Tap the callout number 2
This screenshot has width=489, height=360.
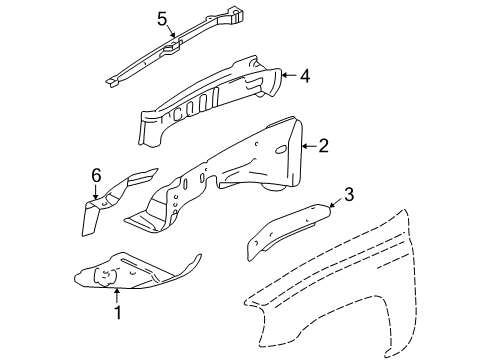tap(323, 147)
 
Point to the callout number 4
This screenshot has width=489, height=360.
tap(304, 73)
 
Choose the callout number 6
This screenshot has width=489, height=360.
tap(96, 175)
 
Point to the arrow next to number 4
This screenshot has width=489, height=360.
tap(287, 73)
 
